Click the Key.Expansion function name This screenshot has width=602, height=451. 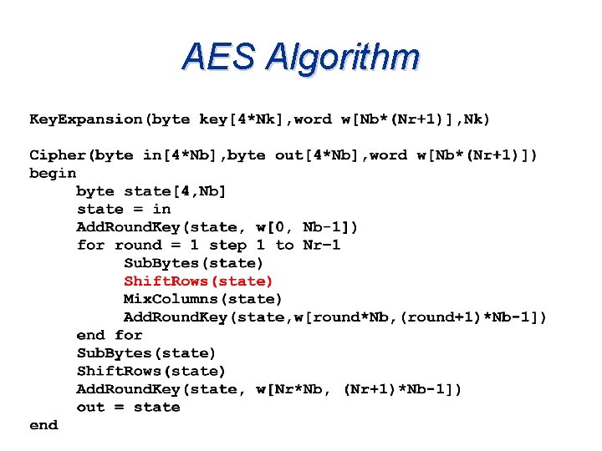point(85,119)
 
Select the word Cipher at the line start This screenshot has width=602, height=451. point(57,155)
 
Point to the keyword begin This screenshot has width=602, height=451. point(53,174)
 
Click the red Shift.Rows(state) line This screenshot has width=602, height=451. point(198,281)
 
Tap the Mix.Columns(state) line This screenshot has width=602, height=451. point(203,299)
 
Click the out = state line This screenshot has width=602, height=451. point(128,408)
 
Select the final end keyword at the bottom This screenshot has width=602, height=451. point(43,426)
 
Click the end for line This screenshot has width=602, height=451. point(110,336)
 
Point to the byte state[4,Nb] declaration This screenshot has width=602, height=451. point(151,191)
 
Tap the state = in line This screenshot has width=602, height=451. point(124,210)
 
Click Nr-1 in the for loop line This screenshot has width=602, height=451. point(322,246)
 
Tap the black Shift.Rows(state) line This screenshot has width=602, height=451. point(151,372)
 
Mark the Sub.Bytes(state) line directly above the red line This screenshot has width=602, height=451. point(193,263)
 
